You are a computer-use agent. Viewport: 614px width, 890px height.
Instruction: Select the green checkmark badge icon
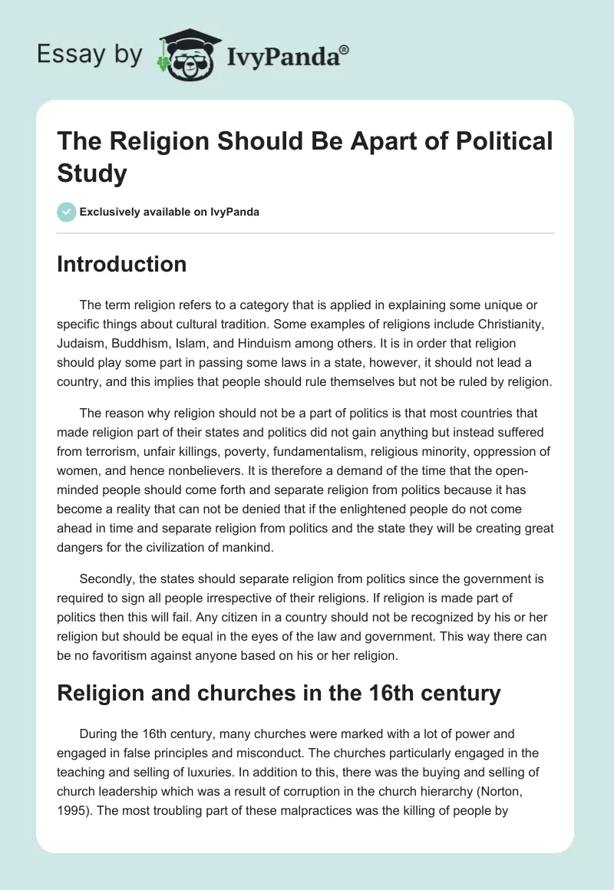(x=67, y=212)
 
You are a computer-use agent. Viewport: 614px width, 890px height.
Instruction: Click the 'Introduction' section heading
(x=122, y=265)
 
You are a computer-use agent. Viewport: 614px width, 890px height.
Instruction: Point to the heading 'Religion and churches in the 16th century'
(x=279, y=694)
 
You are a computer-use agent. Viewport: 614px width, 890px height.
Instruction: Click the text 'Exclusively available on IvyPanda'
(x=170, y=213)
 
